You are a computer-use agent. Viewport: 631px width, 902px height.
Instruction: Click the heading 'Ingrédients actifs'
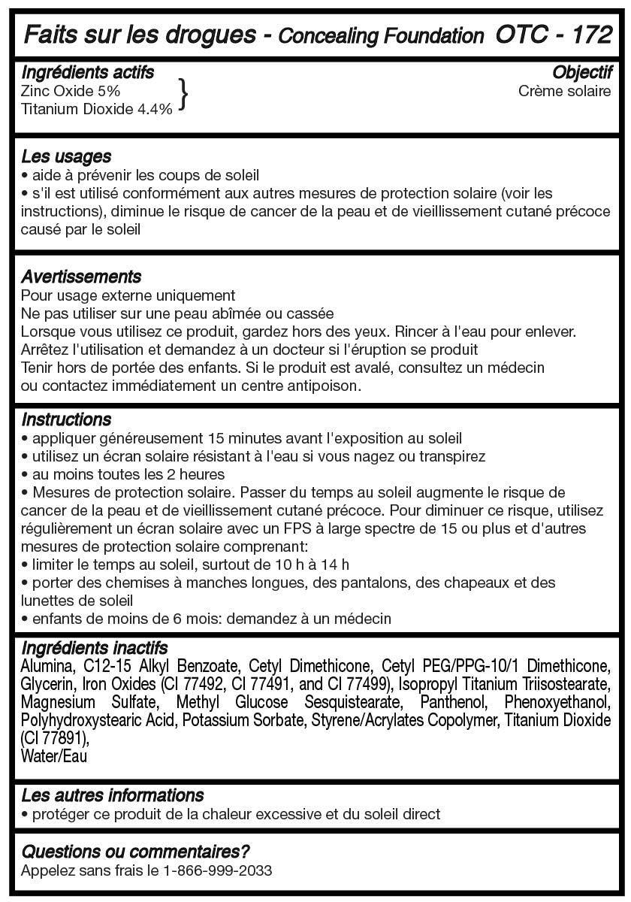click(88, 72)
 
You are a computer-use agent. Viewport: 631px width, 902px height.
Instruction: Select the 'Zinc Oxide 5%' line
click(71, 91)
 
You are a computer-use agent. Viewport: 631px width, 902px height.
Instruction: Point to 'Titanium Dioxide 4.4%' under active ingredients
click(97, 108)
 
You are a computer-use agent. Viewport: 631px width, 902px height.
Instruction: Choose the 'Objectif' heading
click(582, 72)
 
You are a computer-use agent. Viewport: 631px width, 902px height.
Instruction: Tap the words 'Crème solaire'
click(564, 91)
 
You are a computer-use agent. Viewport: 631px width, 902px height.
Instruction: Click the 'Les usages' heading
click(66, 156)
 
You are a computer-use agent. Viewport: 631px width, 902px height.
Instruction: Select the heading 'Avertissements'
click(81, 277)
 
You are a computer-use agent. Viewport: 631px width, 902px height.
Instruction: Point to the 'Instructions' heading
click(66, 419)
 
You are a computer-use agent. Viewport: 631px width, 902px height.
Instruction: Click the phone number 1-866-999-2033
click(217, 870)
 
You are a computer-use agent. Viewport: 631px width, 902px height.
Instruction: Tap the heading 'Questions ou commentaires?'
click(135, 852)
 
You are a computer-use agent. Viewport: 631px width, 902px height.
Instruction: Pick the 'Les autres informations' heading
click(113, 795)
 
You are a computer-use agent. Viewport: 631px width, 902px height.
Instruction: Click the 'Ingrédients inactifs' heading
click(95, 648)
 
